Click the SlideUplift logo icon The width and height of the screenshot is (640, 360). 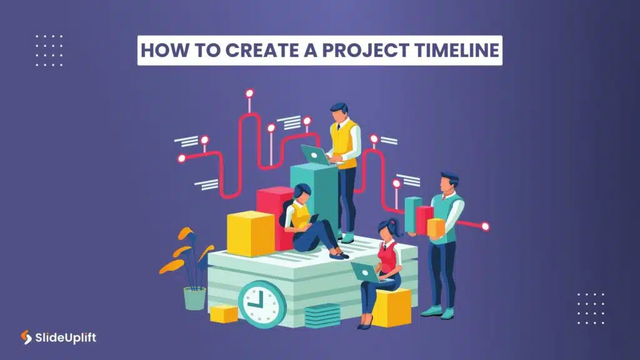click(26, 337)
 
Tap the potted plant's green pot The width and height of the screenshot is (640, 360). click(194, 298)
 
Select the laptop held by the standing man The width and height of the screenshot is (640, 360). click(316, 154)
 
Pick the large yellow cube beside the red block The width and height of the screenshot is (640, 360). click(250, 232)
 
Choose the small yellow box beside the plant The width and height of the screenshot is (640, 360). click(224, 313)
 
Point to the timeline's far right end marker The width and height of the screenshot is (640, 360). click(486, 226)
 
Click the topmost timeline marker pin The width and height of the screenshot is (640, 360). click(249, 94)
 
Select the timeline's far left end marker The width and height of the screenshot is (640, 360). click(181, 158)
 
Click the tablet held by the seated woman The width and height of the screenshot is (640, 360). click(312, 219)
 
